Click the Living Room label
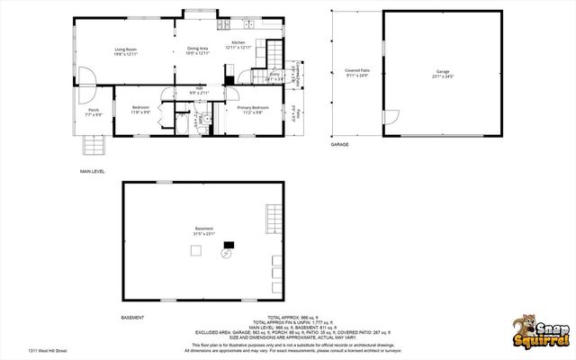coord(124,50)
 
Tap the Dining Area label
coord(198,50)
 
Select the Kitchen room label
coord(238,44)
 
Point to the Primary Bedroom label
coord(249,110)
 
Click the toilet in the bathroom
coord(206,119)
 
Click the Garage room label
coord(442,71)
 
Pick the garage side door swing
coord(391,117)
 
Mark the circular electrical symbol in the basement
coord(226,254)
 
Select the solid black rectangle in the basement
coord(229,243)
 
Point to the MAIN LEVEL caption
coord(94,170)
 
